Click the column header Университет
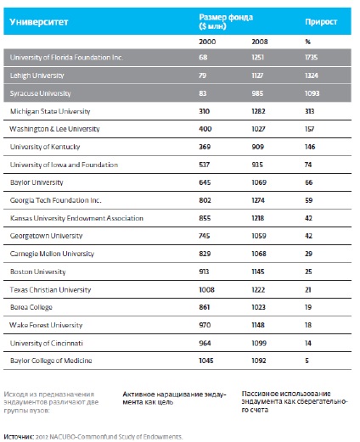(39, 22)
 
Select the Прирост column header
(321, 22)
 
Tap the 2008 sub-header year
(260, 42)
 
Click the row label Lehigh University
(37, 76)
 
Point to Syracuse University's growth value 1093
(312, 93)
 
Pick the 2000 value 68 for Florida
(203, 58)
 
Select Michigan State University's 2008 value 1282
(258, 111)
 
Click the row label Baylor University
(37, 182)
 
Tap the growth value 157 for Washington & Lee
(310, 129)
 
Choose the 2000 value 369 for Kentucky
(205, 147)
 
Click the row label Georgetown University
(46, 236)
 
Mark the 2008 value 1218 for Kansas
(258, 218)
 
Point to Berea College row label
(31, 307)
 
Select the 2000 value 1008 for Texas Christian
(206, 289)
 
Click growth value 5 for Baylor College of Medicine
(307, 361)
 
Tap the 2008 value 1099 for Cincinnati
(259, 343)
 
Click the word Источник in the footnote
(19, 437)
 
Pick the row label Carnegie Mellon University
(52, 254)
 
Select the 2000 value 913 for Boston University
(204, 271)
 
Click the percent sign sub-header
(307, 42)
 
